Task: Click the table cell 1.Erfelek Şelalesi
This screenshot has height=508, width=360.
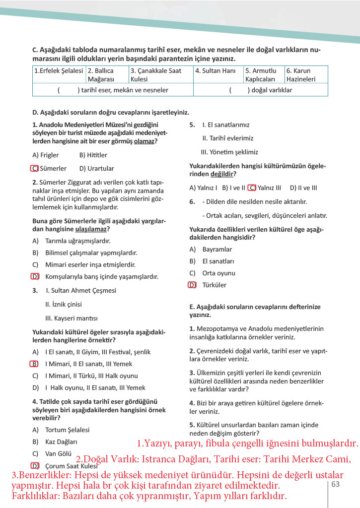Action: coord(59,71)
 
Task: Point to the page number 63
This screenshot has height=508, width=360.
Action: coord(335,484)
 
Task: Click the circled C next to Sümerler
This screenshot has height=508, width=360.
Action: coord(34,169)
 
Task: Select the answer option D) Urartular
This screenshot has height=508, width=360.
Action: coord(96,169)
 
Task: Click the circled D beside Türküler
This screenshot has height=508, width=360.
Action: coord(192,285)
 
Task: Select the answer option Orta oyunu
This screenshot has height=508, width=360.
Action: coord(218,273)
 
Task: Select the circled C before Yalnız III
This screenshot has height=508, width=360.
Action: coord(252,188)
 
